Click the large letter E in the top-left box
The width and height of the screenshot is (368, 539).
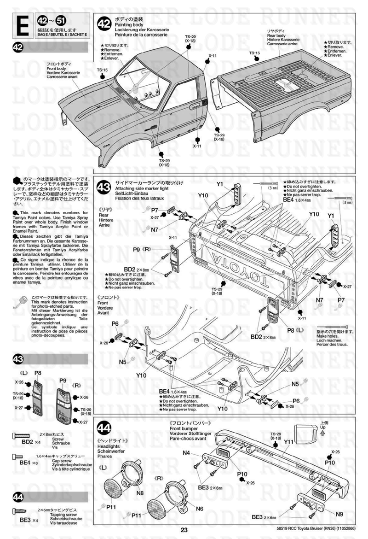[24, 26]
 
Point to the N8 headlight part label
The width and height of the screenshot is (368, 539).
[140, 493]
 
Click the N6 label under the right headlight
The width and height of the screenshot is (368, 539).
[199, 509]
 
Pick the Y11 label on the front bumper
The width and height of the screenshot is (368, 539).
[289, 442]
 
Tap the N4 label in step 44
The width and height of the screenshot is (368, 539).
[186, 453]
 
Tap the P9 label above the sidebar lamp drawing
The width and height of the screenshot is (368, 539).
[63, 381]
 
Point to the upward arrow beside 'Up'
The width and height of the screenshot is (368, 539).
[323, 433]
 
